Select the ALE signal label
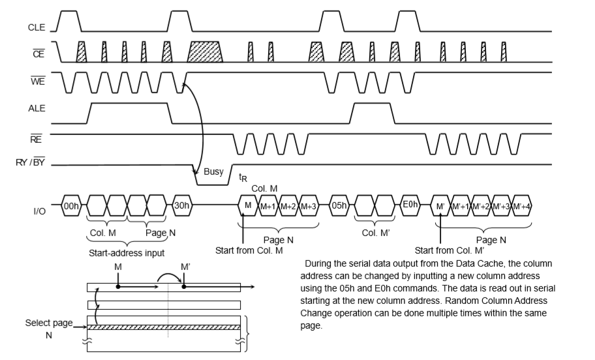(36, 110)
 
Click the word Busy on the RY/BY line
(213, 172)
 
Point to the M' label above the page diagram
(185, 267)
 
